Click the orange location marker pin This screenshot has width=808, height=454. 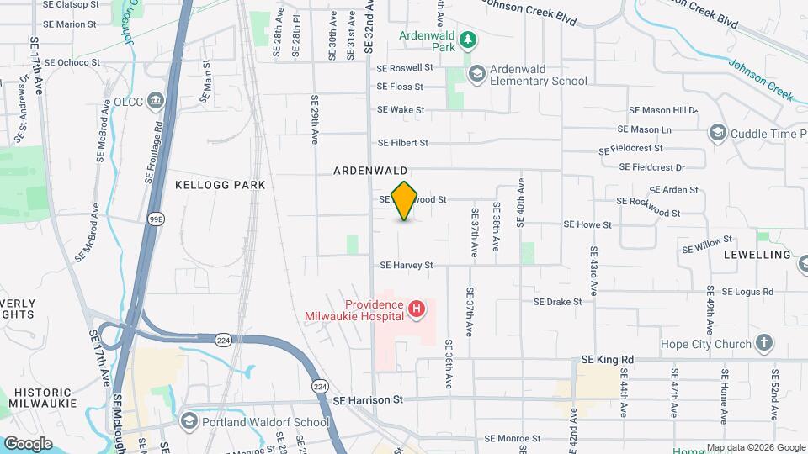405,201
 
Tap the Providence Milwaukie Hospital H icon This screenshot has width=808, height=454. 416,311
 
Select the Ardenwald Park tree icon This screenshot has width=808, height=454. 469,40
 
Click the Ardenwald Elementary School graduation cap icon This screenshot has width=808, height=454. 477,74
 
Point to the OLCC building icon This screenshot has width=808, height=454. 156,101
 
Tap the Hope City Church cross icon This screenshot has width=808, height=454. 763,344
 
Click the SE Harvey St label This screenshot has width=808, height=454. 406,265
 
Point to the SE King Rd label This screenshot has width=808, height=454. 605,360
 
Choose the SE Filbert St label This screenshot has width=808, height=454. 403,143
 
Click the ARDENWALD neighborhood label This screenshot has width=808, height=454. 370,170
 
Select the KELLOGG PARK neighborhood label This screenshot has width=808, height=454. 221,185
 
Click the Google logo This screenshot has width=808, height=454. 27,443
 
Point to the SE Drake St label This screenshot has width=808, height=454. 558,301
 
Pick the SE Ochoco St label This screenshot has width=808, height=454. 72,62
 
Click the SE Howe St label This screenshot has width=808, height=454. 587,224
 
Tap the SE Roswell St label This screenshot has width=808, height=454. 405,68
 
